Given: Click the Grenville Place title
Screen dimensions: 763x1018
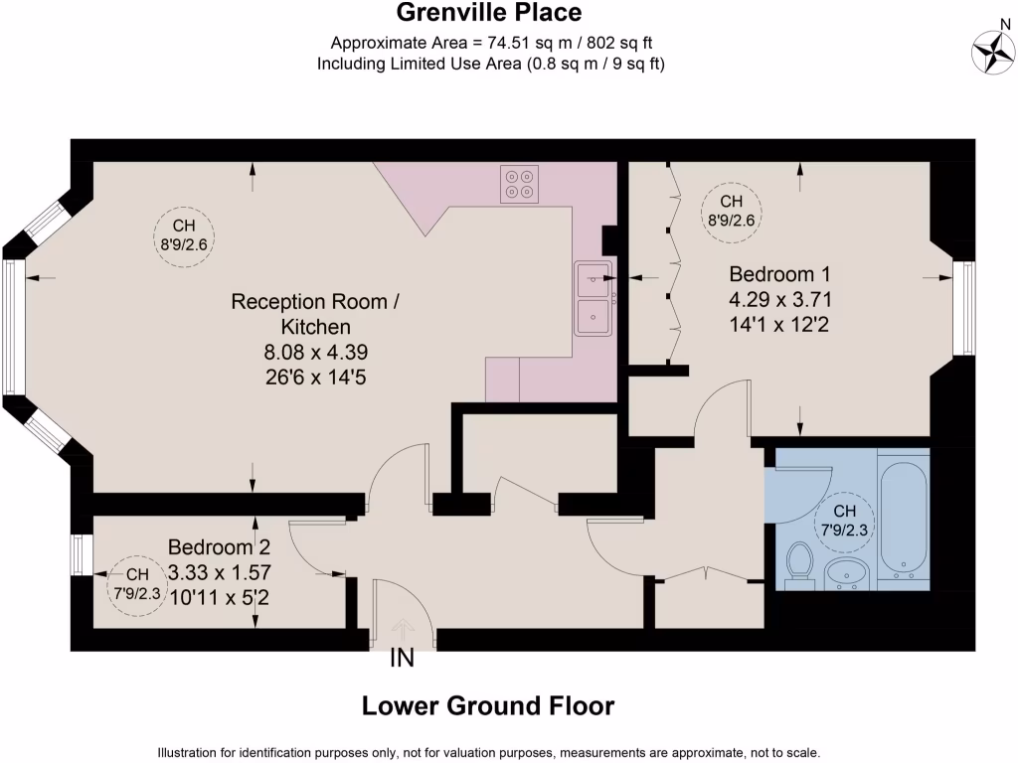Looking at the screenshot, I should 489,13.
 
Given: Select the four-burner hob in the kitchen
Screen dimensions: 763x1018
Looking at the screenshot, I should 519,185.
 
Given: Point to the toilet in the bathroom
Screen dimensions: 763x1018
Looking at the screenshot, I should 798,564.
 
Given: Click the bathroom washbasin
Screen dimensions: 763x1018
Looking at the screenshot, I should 847,573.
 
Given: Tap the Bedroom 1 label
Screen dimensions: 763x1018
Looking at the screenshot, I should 779,274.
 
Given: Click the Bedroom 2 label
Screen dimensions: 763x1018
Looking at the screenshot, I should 219,547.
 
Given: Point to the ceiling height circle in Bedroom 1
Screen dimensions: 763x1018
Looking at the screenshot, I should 731,210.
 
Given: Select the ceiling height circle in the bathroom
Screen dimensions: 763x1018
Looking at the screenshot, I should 844,522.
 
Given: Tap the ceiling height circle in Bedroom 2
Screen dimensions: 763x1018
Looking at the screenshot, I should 136,583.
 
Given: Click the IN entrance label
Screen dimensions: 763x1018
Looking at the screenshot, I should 402,658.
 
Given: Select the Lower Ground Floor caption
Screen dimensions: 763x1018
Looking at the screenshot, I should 487,706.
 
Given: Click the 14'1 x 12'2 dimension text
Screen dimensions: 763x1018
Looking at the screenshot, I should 779,322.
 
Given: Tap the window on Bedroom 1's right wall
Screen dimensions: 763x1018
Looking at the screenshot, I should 962,308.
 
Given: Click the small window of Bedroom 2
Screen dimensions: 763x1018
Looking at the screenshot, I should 77,554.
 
